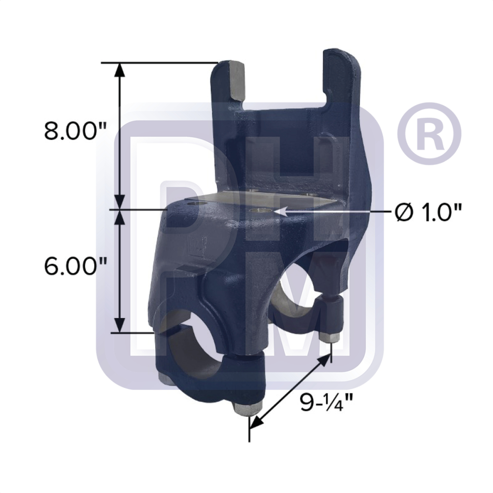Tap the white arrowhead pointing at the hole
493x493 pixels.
click(281, 211)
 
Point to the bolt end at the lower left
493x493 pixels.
click(163, 377)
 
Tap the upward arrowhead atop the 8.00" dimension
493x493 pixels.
click(119, 70)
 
